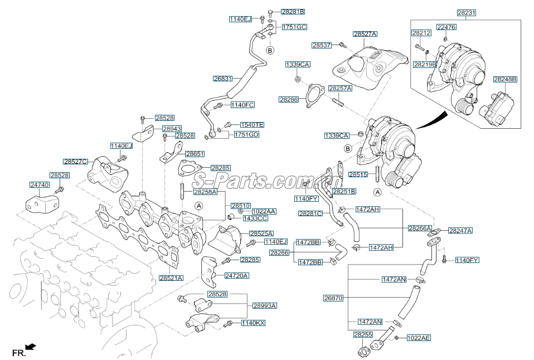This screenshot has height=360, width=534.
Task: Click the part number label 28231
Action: (x=466, y=12)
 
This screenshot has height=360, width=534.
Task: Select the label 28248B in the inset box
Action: (x=505, y=80)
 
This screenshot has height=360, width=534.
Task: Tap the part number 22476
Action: (x=446, y=27)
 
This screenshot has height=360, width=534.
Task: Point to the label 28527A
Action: (x=365, y=34)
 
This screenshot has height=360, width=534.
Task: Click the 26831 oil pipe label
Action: (x=222, y=79)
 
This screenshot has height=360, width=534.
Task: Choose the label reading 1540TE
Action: (x=252, y=125)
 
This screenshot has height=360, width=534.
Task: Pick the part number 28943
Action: (x=172, y=129)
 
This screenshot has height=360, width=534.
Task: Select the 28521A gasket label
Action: (x=171, y=278)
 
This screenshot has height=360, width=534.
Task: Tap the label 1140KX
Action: (x=253, y=323)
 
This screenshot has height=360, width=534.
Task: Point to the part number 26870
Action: (x=333, y=298)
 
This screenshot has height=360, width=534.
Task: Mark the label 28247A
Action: (x=460, y=230)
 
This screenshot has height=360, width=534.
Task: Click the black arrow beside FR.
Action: (x=31, y=347)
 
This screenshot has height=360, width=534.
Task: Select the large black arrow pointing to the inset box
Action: (x=434, y=119)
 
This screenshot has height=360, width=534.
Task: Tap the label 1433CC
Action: (x=255, y=218)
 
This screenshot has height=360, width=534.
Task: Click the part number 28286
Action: (x=289, y=100)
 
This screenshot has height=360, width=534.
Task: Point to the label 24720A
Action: (x=237, y=276)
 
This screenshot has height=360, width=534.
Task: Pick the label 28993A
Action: (x=265, y=306)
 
